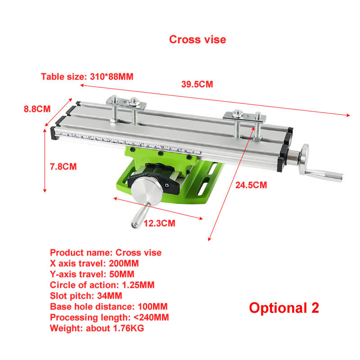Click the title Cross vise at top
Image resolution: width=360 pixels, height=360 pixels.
point(198,39)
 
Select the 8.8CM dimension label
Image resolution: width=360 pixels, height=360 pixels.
point(37,108)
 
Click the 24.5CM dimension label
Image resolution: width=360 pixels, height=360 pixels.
point(251,184)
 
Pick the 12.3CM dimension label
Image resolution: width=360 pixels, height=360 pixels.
point(159,223)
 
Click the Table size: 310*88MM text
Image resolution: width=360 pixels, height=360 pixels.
point(87,76)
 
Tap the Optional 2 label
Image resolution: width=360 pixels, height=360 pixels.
point(284,308)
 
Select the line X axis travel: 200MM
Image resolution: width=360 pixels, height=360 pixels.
point(94,263)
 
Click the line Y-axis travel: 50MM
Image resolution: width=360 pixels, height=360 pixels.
point(92,274)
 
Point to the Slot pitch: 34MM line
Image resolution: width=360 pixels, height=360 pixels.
point(86,296)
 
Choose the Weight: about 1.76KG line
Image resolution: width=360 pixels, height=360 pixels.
point(97,328)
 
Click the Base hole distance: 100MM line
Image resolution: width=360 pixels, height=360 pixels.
point(108,306)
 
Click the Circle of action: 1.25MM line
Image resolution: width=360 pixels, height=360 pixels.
point(102,285)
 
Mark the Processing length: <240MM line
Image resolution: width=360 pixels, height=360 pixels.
point(109,317)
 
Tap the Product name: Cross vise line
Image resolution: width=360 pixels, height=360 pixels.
point(105,252)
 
